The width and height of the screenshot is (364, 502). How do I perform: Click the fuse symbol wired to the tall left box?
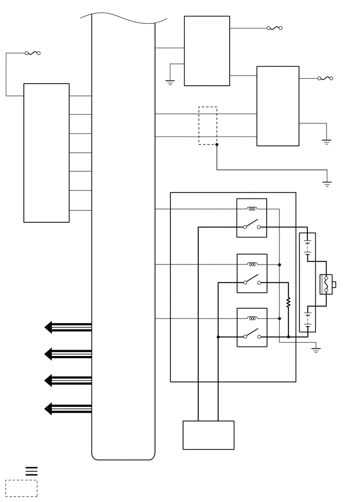[x=33, y=53]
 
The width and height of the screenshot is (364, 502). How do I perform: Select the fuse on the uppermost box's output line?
[x=275, y=28]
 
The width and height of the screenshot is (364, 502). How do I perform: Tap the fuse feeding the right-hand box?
[x=325, y=78]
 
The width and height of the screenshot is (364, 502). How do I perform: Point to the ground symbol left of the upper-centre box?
[x=170, y=82]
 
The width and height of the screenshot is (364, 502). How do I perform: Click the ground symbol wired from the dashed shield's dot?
[x=327, y=184]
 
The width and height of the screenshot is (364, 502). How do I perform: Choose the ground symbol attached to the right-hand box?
[x=326, y=142]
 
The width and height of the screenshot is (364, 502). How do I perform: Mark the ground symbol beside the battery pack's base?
[x=316, y=350]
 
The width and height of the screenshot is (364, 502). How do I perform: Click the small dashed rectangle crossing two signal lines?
[x=208, y=126]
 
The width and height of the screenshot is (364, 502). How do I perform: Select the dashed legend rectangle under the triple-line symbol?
[x=21, y=488]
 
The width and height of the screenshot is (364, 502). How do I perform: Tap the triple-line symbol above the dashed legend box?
[x=32, y=471]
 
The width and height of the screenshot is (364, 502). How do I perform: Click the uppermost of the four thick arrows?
[x=68, y=327]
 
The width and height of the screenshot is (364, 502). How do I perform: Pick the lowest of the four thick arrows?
[x=68, y=408]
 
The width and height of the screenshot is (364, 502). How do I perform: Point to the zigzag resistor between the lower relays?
[x=288, y=303]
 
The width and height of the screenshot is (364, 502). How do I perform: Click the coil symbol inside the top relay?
[x=252, y=208]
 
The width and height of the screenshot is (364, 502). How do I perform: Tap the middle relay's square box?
[x=252, y=273]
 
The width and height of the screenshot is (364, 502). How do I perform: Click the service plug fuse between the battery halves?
[x=326, y=285]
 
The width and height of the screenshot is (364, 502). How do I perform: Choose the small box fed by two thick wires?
[x=208, y=435]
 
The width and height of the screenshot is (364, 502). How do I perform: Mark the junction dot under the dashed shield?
[x=216, y=144]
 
